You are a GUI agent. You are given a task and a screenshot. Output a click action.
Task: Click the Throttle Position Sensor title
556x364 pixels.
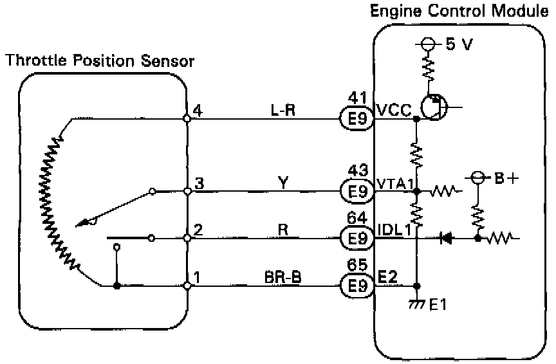(x=100, y=61)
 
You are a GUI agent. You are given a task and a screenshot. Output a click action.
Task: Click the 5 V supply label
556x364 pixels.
(x=458, y=44)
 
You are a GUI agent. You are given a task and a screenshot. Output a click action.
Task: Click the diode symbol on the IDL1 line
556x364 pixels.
(x=445, y=238)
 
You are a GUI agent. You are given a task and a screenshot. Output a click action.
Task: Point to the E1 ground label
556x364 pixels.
(x=438, y=305)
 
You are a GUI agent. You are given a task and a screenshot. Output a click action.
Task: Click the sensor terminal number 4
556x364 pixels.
(x=198, y=111)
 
